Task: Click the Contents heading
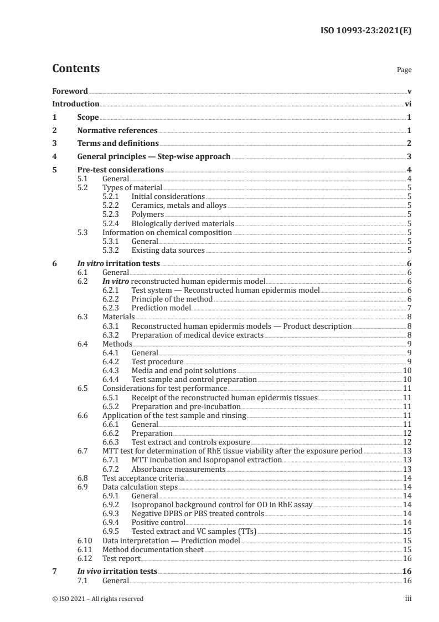tap(76, 69)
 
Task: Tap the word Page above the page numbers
tap(404, 70)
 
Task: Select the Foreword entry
tap(70, 91)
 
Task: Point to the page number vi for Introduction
tap(407, 104)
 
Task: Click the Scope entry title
tap(88, 118)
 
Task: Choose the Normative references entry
tap(117, 131)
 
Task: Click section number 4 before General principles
tap(54, 157)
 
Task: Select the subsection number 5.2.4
tap(112, 223)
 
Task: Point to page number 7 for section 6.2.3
tap(409, 308)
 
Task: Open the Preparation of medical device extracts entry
tap(197, 335)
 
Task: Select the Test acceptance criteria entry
tap(143, 478)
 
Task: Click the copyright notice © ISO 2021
tap(98, 599)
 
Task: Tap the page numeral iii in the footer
tap(408, 599)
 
